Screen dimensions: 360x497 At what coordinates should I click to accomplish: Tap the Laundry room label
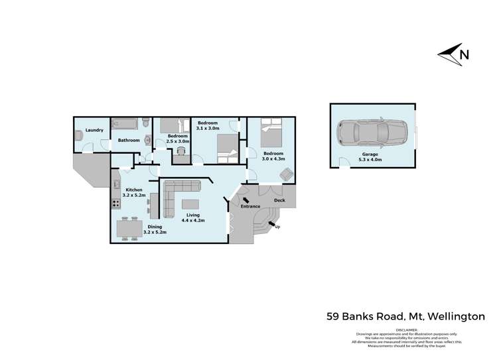94,130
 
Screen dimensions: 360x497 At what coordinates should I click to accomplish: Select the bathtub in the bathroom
125,123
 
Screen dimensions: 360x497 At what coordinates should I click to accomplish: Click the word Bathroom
129,141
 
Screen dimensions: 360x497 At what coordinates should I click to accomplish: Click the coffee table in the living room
191,204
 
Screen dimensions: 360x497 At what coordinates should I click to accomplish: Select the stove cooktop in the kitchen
115,204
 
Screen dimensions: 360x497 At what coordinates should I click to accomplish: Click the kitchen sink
116,184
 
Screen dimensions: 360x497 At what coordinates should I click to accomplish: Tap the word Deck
279,200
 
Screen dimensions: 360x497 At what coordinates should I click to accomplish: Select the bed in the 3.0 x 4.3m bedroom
271,133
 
